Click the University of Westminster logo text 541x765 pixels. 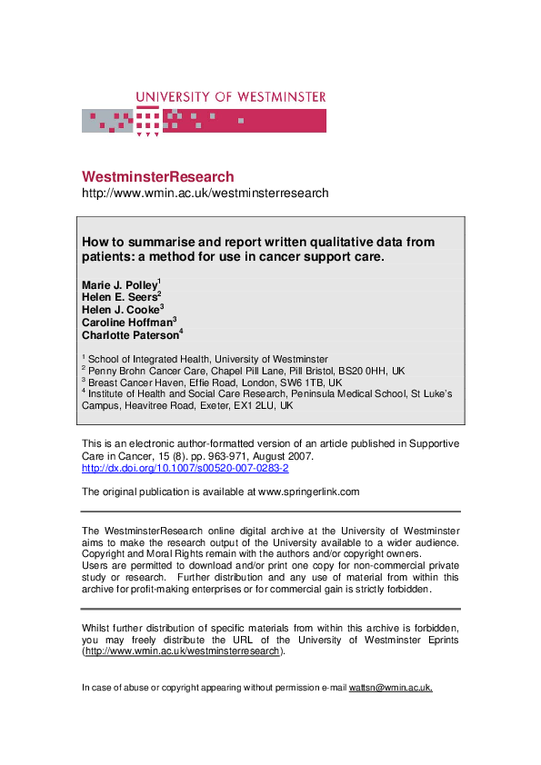point(230,97)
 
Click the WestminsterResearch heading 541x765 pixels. point(157,177)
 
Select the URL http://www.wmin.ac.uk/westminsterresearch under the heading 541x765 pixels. point(205,194)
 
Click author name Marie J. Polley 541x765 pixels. point(120,285)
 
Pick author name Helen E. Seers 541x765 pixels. point(120,297)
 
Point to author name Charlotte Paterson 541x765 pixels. point(131,333)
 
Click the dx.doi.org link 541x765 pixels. point(185,468)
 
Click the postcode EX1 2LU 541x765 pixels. point(252,405)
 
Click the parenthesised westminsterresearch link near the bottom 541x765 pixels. point(185,651)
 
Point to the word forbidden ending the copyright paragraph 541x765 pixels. point(405,589)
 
